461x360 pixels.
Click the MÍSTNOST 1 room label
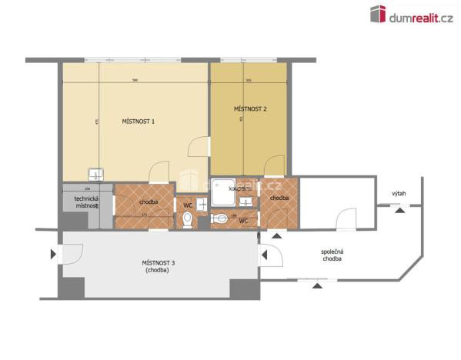pyautogui.click(x=139, y=122)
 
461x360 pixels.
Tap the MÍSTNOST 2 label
pyautogui.click(x=250, y=109)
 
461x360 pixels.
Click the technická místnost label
pyautogui.click(x=85, y=202)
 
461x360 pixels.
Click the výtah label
pyautogui.click(x=399, y=194)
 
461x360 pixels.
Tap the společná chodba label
pyautogui.click(x=332, y=255)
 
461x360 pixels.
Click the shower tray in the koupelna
pyautogui.click(x=223, y=192)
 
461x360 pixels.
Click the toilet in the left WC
pyautogui.click(x=187, y=220)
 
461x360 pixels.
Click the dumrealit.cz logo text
pyautogui.click(x=423, y=17)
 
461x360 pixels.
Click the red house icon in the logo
pyautogui.click(x=378, y=14)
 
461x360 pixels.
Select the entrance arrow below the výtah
pyautogui.click(x=399, y=212)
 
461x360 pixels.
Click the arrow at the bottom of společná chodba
pyautogui.click(x=316, y=285)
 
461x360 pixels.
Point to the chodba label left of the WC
pyautogui.click(x=149, y=202)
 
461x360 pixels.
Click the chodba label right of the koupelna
pyautogui.click(x=279, y=198)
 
